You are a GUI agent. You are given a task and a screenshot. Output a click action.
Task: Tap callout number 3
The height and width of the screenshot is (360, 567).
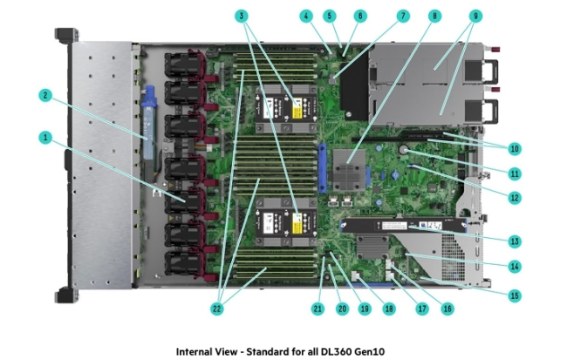pyautogui.click(x=242, y=16)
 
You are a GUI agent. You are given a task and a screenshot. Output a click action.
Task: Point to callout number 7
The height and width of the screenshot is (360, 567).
pyautogui.click(x=402, y=16)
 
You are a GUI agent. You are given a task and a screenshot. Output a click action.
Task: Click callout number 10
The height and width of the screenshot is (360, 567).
pyautogui.click(x=515, y=147)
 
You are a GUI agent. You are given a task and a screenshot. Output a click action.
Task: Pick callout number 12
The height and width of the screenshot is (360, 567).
pyautogui.click(x=515, y=198)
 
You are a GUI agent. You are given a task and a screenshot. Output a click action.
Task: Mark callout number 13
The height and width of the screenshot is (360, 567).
pyautogui.click(x=515, y=241)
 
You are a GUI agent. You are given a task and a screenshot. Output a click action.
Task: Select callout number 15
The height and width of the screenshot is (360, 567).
pyautogui.click(x=515, y=296)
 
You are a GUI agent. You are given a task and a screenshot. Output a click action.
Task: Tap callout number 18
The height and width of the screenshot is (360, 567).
pyautogui.click(x=390, y=308)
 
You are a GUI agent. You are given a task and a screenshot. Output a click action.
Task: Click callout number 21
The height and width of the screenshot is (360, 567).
pyautogui.click(x=318, y=308)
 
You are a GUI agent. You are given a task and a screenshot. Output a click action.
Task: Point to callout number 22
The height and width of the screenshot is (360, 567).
pyautogui.click(x=217, y=308)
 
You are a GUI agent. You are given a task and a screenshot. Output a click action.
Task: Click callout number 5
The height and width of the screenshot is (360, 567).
pyautogui.click(x=329, y=16)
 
